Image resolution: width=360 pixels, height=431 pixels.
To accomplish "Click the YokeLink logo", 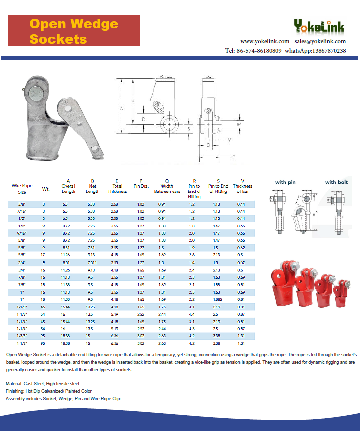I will coord(319,26).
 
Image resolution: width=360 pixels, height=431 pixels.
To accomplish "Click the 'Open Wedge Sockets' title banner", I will coord(74,31).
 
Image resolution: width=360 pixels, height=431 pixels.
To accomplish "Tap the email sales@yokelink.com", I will coord(320,41).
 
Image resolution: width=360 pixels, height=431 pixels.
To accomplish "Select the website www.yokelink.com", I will coord(265,41).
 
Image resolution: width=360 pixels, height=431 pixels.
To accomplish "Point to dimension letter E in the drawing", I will coord(234,157).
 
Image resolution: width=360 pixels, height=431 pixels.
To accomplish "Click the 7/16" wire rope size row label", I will coord(22,212).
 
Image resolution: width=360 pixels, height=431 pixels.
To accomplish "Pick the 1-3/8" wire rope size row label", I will coord(22,335).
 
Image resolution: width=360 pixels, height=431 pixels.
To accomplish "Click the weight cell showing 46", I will coord(44,307).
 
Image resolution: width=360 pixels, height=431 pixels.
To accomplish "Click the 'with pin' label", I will coord(285,182).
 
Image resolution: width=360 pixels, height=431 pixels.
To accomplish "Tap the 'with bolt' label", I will coord(336,182).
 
